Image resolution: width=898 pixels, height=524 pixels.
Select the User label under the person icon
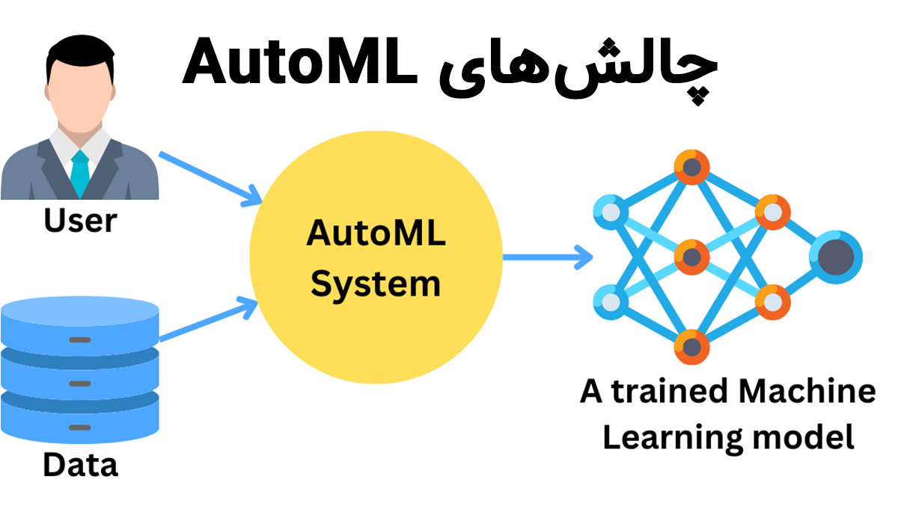(x=80, y=222)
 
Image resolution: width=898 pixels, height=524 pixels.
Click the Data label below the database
(x=80, y=465)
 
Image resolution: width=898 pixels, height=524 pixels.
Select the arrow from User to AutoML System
(x=211, y=177)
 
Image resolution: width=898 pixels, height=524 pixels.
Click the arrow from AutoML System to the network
(x=547, y=258)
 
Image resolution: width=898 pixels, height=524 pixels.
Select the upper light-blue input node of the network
(x=611, y=212)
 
